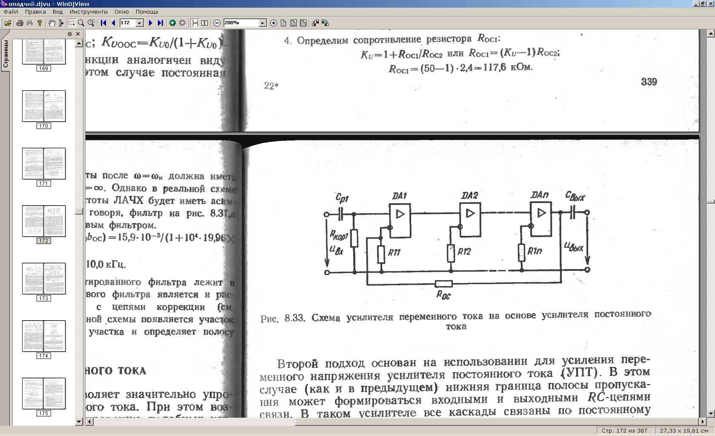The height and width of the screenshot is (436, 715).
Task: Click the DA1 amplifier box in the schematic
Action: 400,220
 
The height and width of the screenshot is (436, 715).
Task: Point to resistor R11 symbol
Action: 381,254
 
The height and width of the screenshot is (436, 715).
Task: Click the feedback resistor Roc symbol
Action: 443,284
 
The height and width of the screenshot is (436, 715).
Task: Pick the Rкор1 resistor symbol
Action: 354,238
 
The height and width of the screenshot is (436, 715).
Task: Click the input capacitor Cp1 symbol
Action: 340,214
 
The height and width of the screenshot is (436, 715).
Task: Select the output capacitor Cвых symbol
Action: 572,212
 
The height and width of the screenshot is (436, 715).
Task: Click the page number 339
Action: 649,82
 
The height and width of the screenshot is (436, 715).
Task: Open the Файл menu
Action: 11,12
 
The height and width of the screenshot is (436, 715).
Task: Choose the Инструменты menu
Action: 89,12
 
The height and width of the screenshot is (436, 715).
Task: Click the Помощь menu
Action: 147,12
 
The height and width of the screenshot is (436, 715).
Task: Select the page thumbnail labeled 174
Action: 44,336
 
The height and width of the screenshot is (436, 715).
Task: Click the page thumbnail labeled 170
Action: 44,106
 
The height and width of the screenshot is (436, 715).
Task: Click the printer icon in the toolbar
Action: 20,23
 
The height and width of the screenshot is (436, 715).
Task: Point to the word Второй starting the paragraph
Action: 297,364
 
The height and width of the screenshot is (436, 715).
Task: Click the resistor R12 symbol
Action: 451,253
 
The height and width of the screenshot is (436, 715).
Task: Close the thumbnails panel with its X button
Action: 78,34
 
